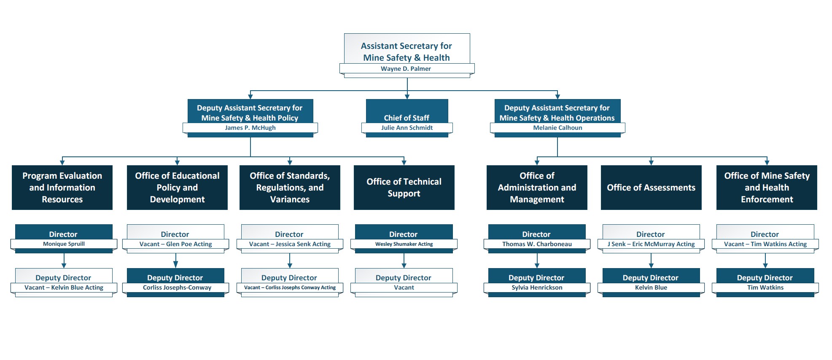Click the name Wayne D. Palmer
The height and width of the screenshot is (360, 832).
point(406,69)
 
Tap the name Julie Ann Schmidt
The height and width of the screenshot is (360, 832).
point(407,128)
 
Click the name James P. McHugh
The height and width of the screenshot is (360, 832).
point(250,128)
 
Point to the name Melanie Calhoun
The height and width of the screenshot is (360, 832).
point(557,128)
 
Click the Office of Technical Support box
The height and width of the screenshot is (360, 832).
point(404,188)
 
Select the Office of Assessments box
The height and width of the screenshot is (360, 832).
point(651,188)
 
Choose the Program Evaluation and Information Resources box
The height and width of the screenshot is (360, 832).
point(62,188)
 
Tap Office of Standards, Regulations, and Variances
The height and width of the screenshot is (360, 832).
point(290,188)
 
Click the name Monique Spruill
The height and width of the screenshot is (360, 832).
point(64,244)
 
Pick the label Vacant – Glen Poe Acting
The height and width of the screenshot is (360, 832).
point(175,244)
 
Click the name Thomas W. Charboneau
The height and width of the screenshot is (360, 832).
point(537,244)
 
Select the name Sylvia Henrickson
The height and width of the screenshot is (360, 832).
point(537,287)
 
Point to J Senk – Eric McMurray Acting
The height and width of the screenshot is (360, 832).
point(651,244)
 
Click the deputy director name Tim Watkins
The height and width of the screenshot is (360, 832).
point(765,287)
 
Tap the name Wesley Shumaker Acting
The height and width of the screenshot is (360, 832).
point(404,244)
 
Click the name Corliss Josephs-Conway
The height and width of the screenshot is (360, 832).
point(177,287)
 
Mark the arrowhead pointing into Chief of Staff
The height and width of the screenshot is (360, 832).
point(407,97)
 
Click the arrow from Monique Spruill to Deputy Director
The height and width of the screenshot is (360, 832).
point(64,261)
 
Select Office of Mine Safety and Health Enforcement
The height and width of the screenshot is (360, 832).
point(767,188)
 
